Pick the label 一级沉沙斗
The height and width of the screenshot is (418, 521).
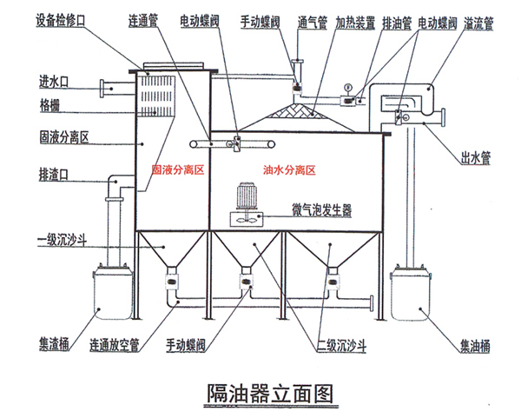[60, 240]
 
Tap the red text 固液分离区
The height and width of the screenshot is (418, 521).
[177, 171]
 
